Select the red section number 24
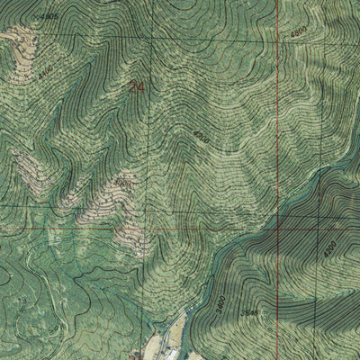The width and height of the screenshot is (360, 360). point(137,87)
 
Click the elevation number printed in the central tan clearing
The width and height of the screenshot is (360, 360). point(121,183)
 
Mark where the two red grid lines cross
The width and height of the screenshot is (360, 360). point(277,228)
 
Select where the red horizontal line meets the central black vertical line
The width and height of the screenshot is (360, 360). point(151,228)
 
